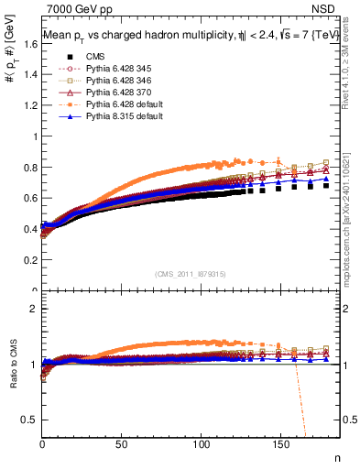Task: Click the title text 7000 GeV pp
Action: (74, 9)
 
